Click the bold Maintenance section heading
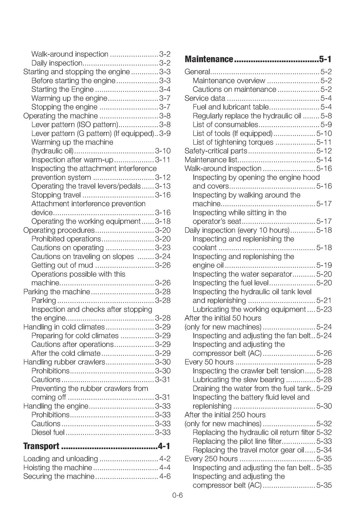coord(209,59)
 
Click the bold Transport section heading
coord(41,446)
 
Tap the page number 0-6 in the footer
coord(177,495)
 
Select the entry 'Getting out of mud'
coord(62,265)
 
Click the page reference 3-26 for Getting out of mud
coord(163,265)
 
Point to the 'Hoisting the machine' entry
coord(58,468)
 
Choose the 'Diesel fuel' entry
coord(48,433)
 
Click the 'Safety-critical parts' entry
coord(216,151)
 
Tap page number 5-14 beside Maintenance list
coord(324,160)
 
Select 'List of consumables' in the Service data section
coord(225,125)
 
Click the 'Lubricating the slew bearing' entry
coord(239,380)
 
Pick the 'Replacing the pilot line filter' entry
coord(237,441)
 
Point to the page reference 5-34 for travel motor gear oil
coord(324,450)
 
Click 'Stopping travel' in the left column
coord(56,195)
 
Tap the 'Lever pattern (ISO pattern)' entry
coord(75,125)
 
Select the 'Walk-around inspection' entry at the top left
coord(70,54)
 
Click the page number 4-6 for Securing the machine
coord(165,476)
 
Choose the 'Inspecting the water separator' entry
coord(242,274)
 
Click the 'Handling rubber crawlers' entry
coord(64,362)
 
